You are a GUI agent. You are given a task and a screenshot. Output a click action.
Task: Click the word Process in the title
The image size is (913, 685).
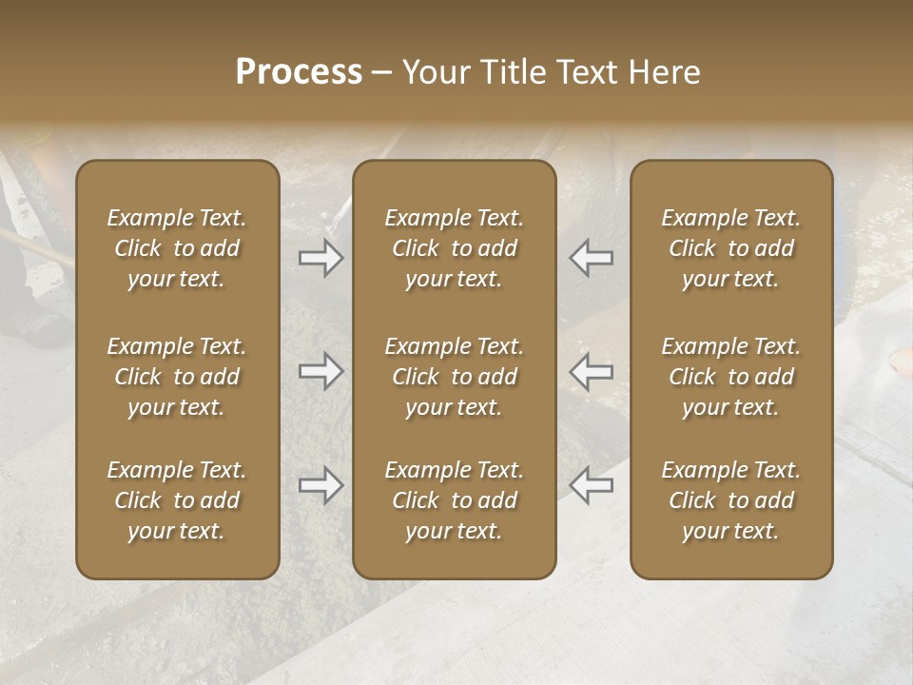coord(299,72)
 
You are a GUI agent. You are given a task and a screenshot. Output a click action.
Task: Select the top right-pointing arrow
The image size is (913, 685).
coord(321,258)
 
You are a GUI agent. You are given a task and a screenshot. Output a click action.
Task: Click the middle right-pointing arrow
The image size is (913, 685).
coord(321,371)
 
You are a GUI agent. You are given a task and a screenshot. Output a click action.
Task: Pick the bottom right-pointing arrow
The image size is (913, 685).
coord(321,485)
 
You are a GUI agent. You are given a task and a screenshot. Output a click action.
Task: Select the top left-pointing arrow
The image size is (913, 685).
coord(591,258)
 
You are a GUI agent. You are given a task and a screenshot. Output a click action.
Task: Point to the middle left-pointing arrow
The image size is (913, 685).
coord(591,371)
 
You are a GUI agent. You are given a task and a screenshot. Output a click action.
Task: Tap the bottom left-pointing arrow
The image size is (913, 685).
coord(591,485)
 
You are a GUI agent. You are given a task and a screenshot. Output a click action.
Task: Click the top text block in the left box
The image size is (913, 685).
coord(177,248)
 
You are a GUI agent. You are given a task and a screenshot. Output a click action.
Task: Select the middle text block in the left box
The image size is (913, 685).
coord(177,377)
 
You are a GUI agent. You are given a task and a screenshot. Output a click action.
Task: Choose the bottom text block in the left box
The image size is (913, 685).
coord(177,500)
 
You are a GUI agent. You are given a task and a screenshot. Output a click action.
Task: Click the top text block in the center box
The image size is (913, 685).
coord(454,248)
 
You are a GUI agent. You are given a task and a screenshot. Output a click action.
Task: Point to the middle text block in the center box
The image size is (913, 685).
coord(454,377)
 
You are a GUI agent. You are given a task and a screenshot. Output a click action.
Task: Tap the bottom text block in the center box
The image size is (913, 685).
coord(454,500)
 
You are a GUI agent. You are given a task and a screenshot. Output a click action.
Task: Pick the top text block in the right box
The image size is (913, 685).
coord(730,248)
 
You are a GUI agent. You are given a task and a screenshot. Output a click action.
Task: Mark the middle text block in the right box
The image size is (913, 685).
coord(730,377)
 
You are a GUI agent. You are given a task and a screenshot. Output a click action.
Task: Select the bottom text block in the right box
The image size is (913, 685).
coord(730,500)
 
